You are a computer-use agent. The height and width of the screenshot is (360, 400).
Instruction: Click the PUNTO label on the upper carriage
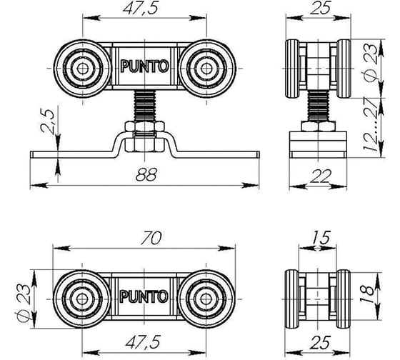point(145,69)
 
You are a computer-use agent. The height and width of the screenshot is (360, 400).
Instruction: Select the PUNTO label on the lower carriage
point(145,294)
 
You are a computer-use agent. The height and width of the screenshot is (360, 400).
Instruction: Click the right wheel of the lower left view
point(206,294)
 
